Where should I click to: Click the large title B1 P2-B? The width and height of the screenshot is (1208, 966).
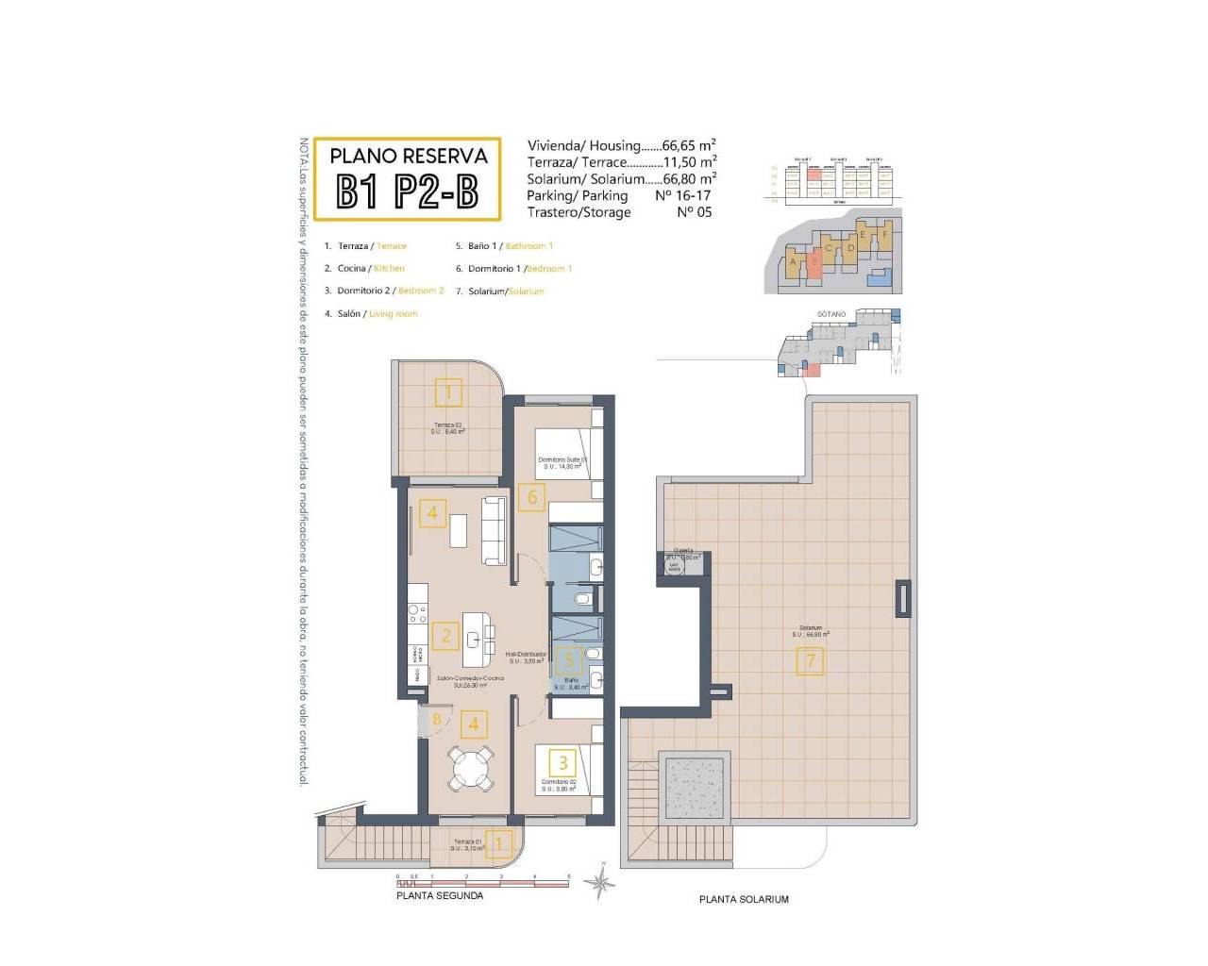tap(408, 192)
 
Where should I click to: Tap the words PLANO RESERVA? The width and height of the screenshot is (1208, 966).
tap(409, 157)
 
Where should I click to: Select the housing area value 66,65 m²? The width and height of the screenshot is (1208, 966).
tap(688, 145)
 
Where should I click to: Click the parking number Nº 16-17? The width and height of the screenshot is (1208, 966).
tap(682, 195)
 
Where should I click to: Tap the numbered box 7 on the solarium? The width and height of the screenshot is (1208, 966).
tap(810, 661)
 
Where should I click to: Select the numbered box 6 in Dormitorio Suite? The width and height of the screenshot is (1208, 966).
tap(532, 497)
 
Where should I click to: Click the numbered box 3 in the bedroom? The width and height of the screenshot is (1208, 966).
tap(563, 762)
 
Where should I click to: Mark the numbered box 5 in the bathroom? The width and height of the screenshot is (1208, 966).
tap(569, 661)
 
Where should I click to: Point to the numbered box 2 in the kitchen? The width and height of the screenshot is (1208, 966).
tap(446, 636)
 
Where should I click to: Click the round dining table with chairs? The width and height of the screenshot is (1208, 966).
tap(470, 768)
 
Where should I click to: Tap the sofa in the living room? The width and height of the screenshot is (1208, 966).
tap(495, 530)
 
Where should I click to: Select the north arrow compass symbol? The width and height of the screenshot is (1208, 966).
tap(599, 881)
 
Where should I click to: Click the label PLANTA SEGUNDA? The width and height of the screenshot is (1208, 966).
tap(440, 896)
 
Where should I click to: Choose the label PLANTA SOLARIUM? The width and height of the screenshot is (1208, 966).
tap(744, 899)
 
